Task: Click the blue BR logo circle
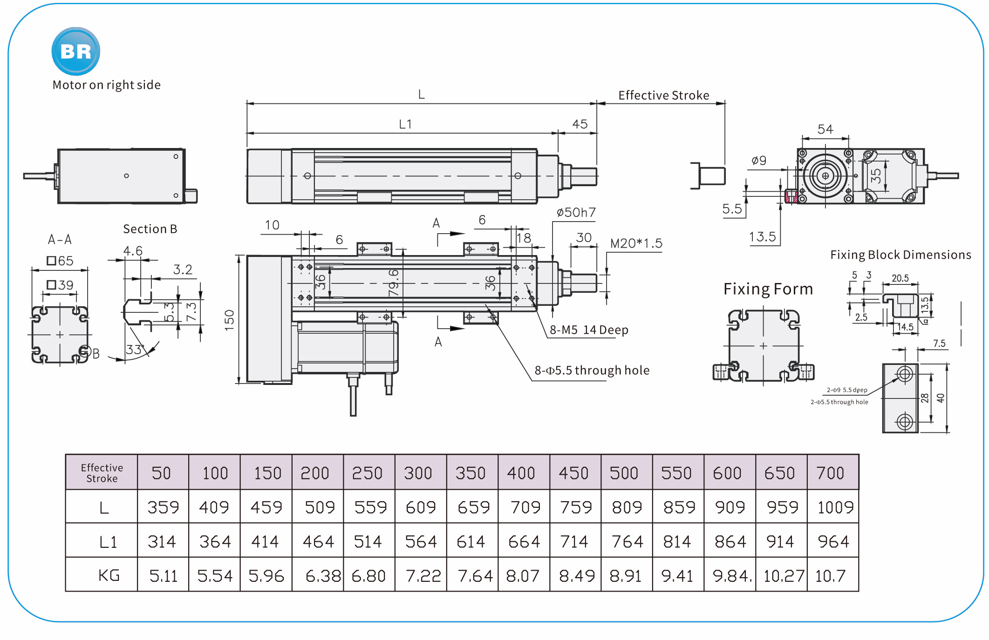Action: tap(75, 51)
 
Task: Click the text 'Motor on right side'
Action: tap(106, 85)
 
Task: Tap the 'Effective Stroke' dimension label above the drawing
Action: tap(663, 95)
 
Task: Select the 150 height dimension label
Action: tap(229, 320)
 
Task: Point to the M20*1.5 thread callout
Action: tap(636, 243)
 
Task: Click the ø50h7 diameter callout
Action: tap(576, 213)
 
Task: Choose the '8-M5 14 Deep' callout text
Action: tap(589, 330)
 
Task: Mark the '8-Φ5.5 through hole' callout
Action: tap(592, 371)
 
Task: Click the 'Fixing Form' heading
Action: tap(768, 289)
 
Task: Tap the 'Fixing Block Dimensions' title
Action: tap(900, 255)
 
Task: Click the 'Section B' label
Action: tap(150, 229)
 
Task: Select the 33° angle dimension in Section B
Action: tap(136, 349)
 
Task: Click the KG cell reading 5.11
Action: tap(163, 576)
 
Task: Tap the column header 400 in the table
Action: tap(521, 473)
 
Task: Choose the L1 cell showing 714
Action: tap(574, 542)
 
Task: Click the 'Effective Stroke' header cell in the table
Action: tap(102, 473)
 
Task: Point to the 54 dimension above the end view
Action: tap(825, 129)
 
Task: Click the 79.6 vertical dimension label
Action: tap(394, 283)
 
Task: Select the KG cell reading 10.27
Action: tap(783, 576)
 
